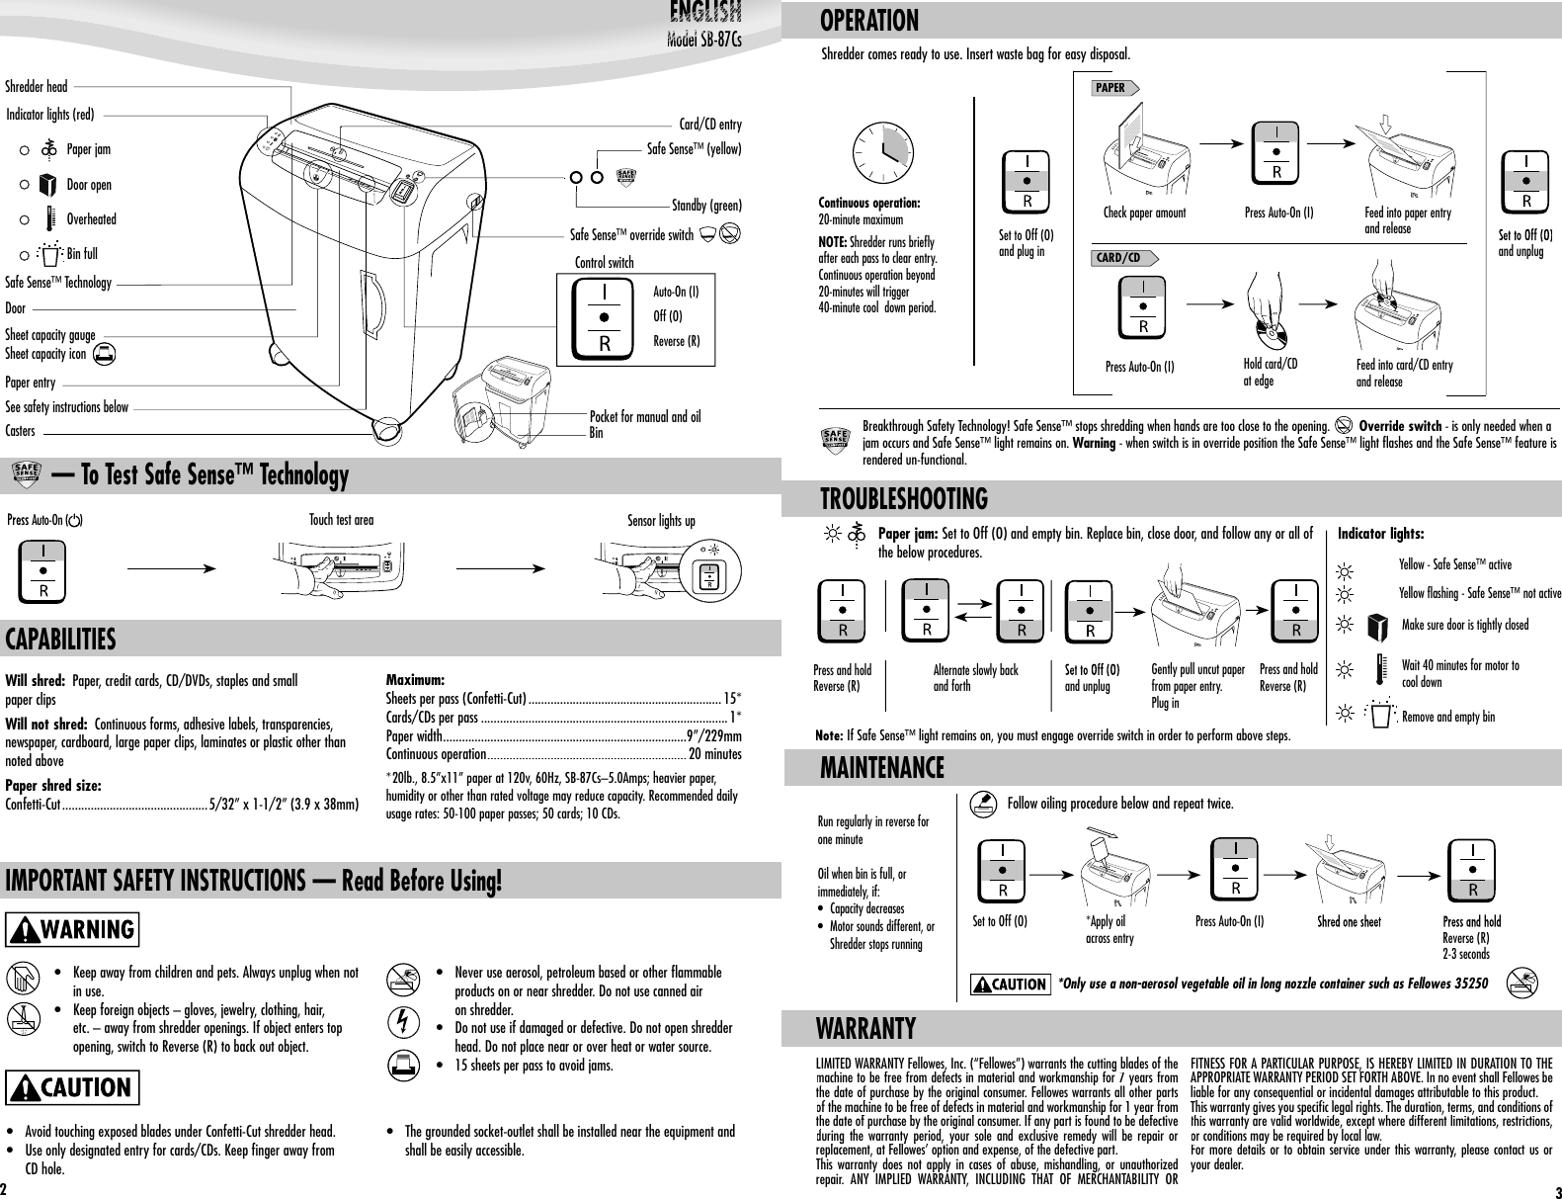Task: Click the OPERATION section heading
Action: click(869, 20)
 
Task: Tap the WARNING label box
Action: click(73, 929)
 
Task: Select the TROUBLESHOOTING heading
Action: click(903, 498)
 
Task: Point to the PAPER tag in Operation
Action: click(1110, 88)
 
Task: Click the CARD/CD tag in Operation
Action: click(1120, 258)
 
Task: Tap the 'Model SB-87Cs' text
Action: click(703, 41)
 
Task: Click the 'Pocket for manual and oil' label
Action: click(644, 416)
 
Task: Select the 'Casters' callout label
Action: click(20, 431)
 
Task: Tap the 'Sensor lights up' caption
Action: click(661, 521)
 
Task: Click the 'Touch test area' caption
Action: click(341, 519)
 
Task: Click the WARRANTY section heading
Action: click(865, 1029)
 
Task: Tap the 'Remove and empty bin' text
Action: click(1448, 716)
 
